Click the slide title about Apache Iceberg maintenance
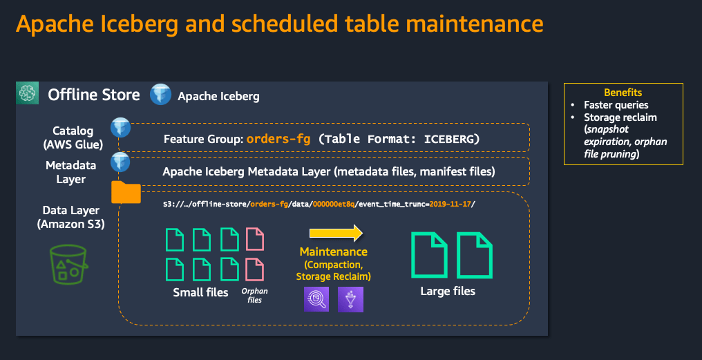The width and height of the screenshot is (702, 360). point(279,24)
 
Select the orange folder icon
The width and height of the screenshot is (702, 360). point(126,193)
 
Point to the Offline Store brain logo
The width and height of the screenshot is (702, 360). point(28,95)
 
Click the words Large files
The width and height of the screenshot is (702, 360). point(448,291)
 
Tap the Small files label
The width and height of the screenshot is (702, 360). point(200,292)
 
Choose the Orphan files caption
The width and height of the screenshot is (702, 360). point(254,295)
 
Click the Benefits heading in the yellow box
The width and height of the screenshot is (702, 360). point(623,92)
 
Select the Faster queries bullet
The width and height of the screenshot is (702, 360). point(616,105)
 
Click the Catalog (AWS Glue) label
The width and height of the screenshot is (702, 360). point(73,137)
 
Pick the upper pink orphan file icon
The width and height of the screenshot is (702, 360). point(255,239)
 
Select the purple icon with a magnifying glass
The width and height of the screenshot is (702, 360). point(316,299)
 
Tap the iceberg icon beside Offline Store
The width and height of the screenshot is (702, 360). point(160,95)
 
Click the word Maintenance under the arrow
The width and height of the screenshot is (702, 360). point(334,252)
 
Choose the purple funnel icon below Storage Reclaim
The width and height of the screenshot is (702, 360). point(350,299)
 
